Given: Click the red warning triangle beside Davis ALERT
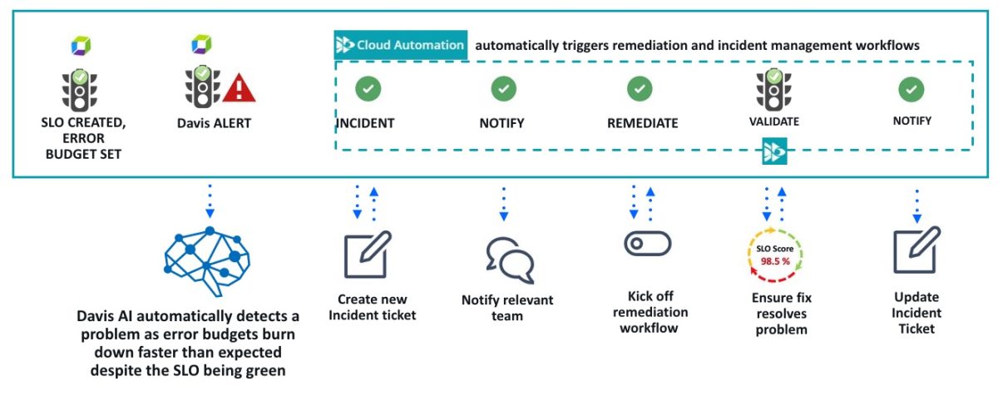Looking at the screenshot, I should pyautogui.click(x=239, y=87).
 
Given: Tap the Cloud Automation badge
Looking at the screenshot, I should pyautogui.click(x=400, y=45).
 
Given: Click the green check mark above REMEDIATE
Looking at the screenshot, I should pyautogui.click(x=639, y=88).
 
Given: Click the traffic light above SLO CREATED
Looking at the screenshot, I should pyautogui.click(x=79, y=88).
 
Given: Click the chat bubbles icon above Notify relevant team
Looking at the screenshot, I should pyautogui.click(x=509, y=260).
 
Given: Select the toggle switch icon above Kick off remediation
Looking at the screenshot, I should pyautogui.click(x=647, y=243).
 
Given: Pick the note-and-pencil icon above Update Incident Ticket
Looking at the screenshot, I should pyautogui.click(x=916, y=252).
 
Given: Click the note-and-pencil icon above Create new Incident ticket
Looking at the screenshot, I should pyautogui.click(x=367, y=255).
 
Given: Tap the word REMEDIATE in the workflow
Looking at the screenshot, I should pyautogui.click(x=642, y=123).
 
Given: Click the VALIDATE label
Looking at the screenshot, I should pyautogui.click(x=773, y=121).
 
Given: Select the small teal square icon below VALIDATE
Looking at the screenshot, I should pyautogui.click(x=774, y=152).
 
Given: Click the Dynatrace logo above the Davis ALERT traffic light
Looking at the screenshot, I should pyautogui.click(x=201, y=44).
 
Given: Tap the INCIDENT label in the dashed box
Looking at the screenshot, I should pyautogui.click(x=365, y=123).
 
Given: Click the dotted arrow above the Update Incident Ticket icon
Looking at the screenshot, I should pyautogui.click(x=916, y=205).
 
